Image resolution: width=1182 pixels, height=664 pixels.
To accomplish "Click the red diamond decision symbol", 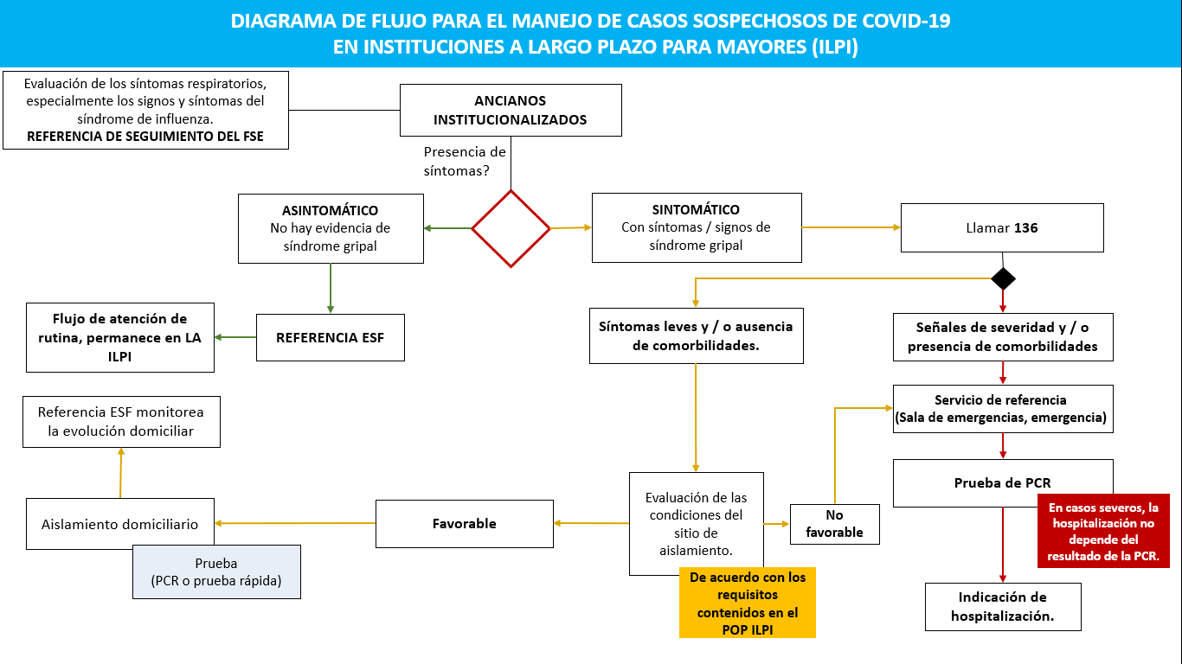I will tap(511, 228).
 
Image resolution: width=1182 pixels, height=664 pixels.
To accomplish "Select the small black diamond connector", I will tap(1003, 279).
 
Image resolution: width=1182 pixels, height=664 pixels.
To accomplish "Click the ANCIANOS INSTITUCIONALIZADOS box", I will tap(511, 110).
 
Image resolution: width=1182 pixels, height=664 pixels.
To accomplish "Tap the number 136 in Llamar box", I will tap(1026, 228).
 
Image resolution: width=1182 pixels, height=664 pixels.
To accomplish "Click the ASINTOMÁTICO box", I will tap(331, 228).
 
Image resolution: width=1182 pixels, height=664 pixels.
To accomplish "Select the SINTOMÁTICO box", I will tap(696, 228).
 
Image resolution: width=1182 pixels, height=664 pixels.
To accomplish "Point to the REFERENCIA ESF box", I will tap(330, 337).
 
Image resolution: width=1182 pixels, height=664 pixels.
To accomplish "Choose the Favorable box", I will tap(464, 523).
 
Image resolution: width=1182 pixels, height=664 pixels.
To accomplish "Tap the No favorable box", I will tap(834, 524).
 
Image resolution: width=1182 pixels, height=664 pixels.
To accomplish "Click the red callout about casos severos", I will tap(1102, 530).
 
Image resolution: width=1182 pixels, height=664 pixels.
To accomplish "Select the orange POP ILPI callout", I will tap(747, 603).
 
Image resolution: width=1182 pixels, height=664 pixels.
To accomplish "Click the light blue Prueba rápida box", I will tap(216, 571).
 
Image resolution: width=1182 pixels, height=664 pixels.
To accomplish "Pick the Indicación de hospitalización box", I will tap(1003, 607).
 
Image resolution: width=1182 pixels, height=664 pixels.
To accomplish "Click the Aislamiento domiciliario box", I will tap(119, 524).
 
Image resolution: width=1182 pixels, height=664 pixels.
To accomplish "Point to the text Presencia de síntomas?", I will tap(464, 161).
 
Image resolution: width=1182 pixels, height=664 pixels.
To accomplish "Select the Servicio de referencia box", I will tap(1003, 409).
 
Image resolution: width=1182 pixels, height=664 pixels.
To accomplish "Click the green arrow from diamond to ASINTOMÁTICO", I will tap(447, 228).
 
